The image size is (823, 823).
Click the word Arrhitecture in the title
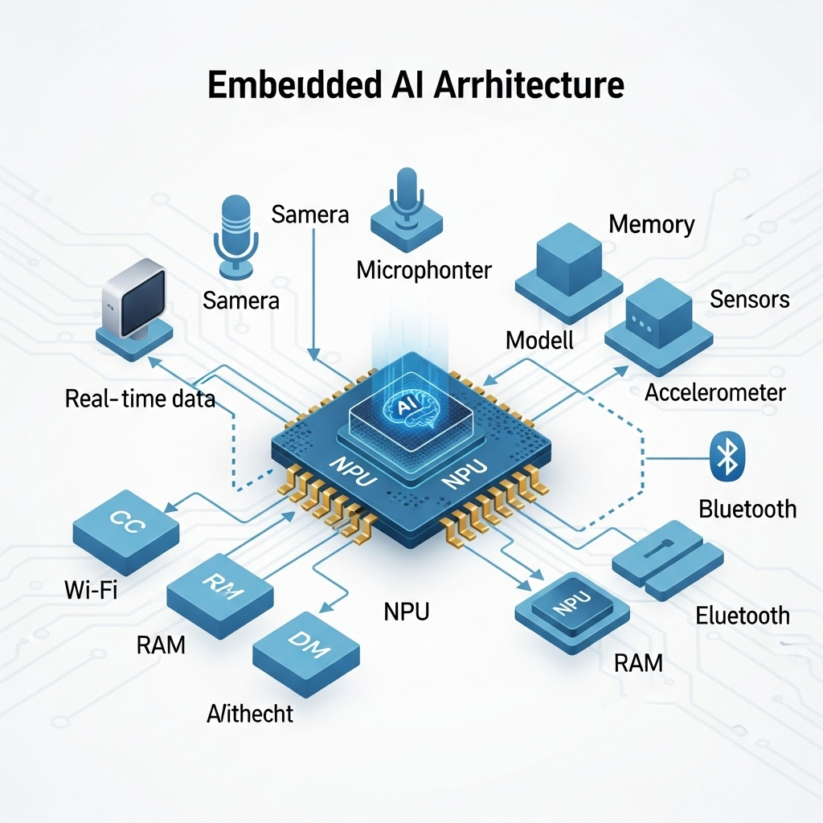529,84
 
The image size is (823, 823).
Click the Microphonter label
424,269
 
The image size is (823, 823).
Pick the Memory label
651,223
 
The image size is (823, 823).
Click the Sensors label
750,300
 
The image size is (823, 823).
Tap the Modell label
539,339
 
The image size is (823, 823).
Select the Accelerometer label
715,392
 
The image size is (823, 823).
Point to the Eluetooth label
743,616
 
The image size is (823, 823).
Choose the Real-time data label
140,398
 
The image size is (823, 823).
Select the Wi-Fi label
91,591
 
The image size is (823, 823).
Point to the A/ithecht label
250,713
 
